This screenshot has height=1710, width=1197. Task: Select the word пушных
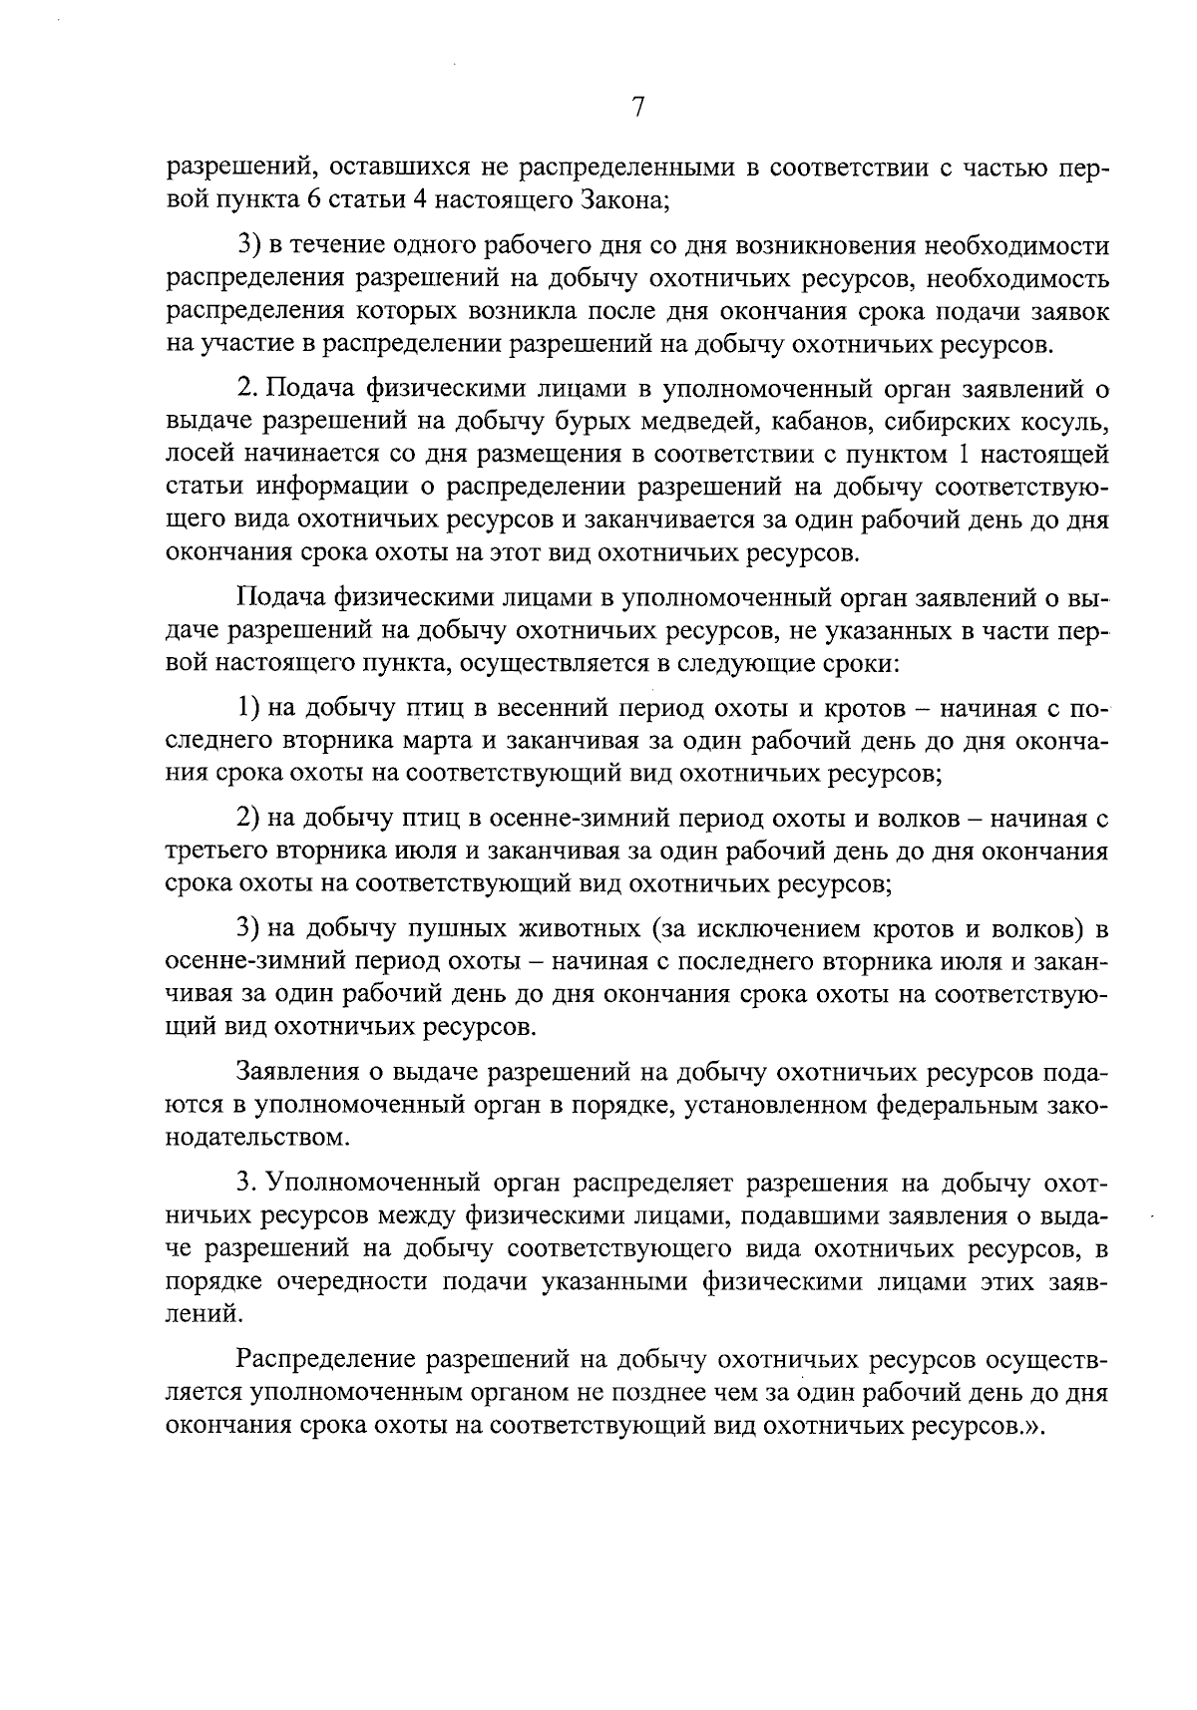point(470,930)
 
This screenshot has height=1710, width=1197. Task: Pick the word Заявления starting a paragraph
point(296,1072)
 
